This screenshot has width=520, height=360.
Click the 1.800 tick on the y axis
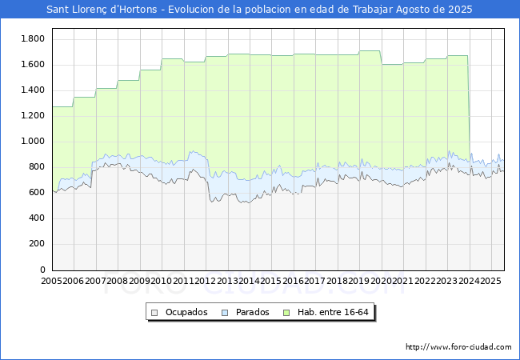(33, 39)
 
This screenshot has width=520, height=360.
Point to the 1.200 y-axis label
(33, 116)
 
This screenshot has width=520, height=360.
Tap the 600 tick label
(37, 193)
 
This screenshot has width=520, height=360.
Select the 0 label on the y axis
(43, 270)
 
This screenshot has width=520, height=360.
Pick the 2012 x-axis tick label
(206, 282)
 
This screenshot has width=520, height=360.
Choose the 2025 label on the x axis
(491, 282)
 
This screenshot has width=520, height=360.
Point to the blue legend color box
(226, 312)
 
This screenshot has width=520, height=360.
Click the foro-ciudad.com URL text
(458, 347)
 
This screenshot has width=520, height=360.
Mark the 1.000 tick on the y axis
(33, 142)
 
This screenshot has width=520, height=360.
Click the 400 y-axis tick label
(37, 218)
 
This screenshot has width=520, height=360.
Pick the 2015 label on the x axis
(271, 282)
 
